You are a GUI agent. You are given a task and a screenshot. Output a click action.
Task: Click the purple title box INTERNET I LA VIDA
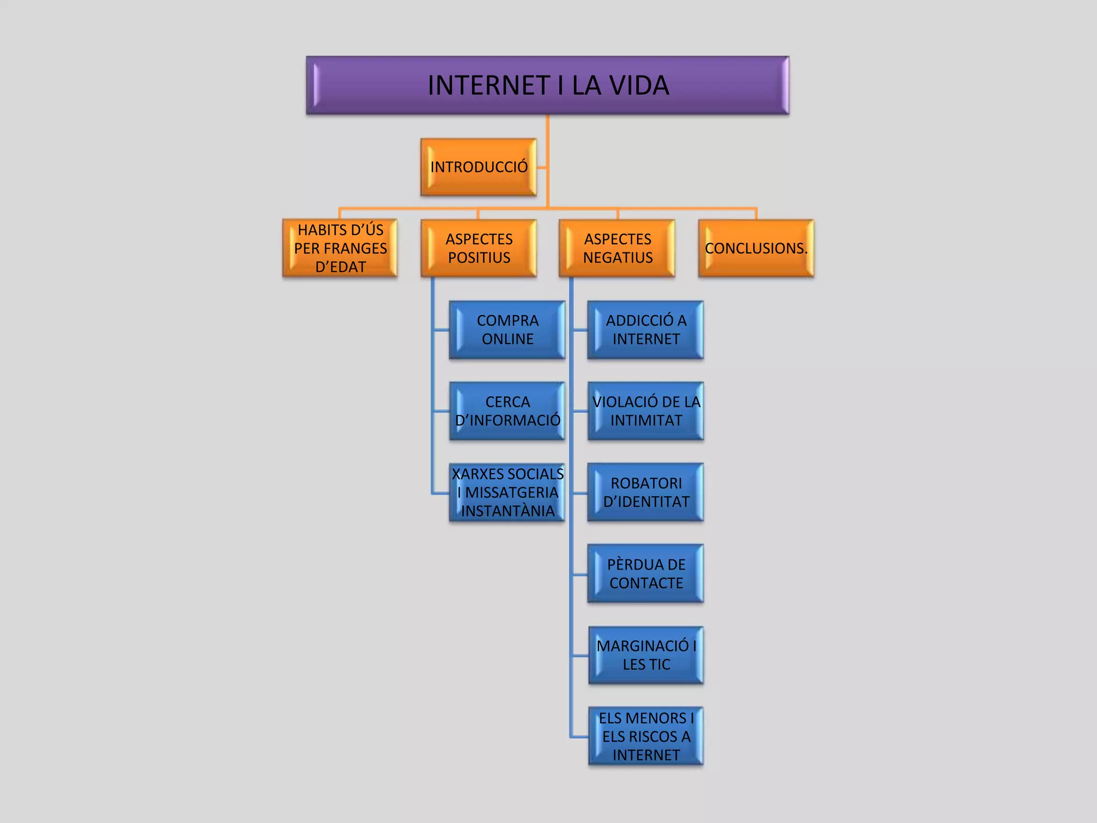[x=547, y=86]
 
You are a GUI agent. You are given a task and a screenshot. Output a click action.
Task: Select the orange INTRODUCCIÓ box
[x=478, y=167]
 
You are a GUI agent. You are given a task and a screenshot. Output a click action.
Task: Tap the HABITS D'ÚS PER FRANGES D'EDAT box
[x=340, y=248]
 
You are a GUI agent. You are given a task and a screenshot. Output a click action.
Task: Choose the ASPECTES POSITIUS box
[x=478, y=248]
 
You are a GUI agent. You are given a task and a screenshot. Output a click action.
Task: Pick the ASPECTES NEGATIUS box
[x=617, y=248]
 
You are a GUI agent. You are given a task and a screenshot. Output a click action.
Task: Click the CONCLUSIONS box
[x=756, y=248]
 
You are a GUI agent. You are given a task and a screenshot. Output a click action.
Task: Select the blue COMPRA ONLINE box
[x=507, y=330]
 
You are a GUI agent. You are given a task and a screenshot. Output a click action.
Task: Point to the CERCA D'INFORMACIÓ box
[x=507, y=411]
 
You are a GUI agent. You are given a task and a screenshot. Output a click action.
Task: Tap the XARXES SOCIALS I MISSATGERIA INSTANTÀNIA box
[x=507, y=492]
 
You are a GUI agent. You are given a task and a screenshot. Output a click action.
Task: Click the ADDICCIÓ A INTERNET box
[x=646, y=330]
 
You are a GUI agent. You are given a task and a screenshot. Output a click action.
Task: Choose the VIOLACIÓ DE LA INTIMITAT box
[x=646, y=411]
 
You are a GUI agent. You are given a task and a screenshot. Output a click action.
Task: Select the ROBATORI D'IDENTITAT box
[x=646, y=492]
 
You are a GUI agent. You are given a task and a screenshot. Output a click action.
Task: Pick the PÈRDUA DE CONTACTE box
[x=646, y=574]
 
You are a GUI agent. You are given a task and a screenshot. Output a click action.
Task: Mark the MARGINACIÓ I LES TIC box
[x=646, y=655]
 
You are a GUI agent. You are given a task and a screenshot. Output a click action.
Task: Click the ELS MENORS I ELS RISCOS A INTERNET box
[x=646, y=736]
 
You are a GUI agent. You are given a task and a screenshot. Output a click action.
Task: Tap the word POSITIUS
[x=479, y=258]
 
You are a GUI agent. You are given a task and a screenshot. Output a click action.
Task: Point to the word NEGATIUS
[x=618, y=258]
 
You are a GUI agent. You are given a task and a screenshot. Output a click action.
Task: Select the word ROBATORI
[x=646, y=483]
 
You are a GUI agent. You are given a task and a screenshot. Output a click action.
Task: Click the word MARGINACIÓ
[x=643, y=646]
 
